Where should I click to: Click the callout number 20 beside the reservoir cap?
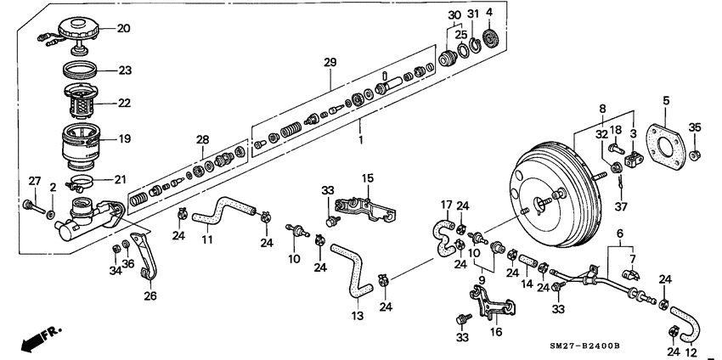coord(123,28)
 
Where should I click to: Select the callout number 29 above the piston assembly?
coord(330,64)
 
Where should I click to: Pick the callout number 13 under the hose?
coord(358,316)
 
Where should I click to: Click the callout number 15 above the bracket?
coord(368,177)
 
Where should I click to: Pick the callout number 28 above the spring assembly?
coord(202,138)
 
